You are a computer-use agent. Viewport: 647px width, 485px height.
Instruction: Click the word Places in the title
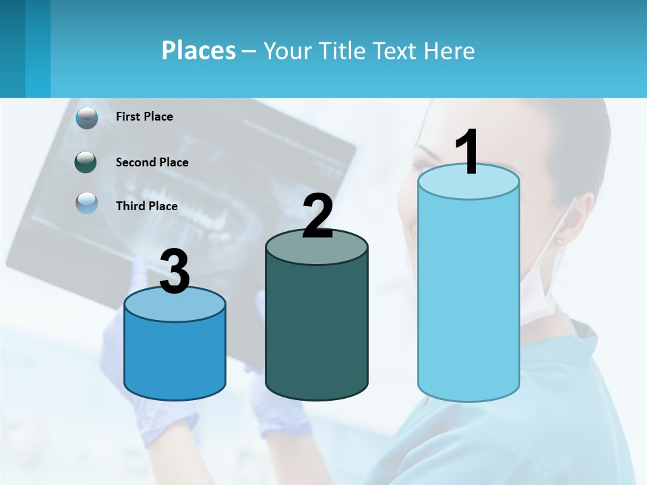pos(199,51)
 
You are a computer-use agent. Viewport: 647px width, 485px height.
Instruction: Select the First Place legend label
pos(144,117)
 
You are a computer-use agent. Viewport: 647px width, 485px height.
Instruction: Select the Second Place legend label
pos(152,162)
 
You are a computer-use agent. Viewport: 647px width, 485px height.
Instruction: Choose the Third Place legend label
pos(146,206)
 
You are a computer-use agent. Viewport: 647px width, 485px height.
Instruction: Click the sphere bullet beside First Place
pos(87,117)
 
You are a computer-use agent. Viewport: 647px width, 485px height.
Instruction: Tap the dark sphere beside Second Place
pos(86,162)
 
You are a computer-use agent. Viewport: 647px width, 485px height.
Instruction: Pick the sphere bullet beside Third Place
pos(87,203)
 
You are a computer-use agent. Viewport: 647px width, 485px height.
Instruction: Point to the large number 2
pos(317,216)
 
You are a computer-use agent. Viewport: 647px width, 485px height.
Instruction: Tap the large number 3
pos(175,272)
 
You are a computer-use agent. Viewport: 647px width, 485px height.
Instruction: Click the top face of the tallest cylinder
pos(468,183)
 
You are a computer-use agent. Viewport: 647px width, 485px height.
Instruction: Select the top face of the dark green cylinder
pos(317,247)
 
